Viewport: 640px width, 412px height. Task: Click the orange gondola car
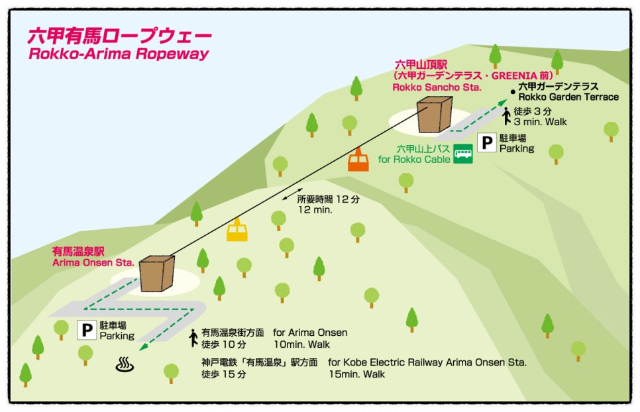pyautogui.click(x=358, y=160)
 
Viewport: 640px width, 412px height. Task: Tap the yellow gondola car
pyautogui.click(x=237, y=230)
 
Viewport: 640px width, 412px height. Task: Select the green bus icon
pyautogui.click(x=463, y=154)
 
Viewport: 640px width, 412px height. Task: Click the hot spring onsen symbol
pyautogui.click(x=123, y=363)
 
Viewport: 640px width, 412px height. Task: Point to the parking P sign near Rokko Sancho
pyautogui.click(x=487, y=142)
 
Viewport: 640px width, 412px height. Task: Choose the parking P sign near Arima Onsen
pyautogui.click(x=86, y=329)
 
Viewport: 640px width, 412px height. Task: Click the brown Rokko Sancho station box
pyautogui.click(x=435, y=115)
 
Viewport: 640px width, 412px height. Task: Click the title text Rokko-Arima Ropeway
pyautogui.click(x=119, y=54)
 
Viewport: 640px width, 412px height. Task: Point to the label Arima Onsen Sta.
pyautogui.click(x=93, y=262)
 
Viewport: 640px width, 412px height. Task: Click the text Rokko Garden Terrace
pyautogui.click(x=568, y=97)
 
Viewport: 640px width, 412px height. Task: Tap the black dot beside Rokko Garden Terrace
pyautogui.click(x=512, y=92)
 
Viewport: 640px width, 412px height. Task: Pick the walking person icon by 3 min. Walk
pyautogui.click(x=506, y=117)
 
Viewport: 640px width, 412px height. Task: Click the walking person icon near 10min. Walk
pyautogui.click(x=193, y=338)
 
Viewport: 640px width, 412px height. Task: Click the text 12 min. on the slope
pyautogui.click(x=315, y=209)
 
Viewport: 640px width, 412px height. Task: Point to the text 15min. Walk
pyautogui.click(x=356, y=374)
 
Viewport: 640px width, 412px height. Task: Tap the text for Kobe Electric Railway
pyautogui.click(x=427, y=362)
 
